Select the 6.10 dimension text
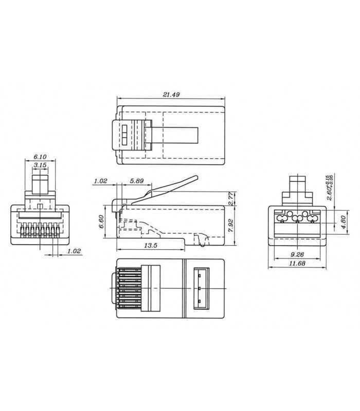coord(39,157)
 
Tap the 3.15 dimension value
coord(39,165)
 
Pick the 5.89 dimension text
coord(137,181)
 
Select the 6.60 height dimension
coord(102,221)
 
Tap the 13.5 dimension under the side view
coord(150,246)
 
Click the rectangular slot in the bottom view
coord(201,289)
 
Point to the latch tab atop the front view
coord(40,184)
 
